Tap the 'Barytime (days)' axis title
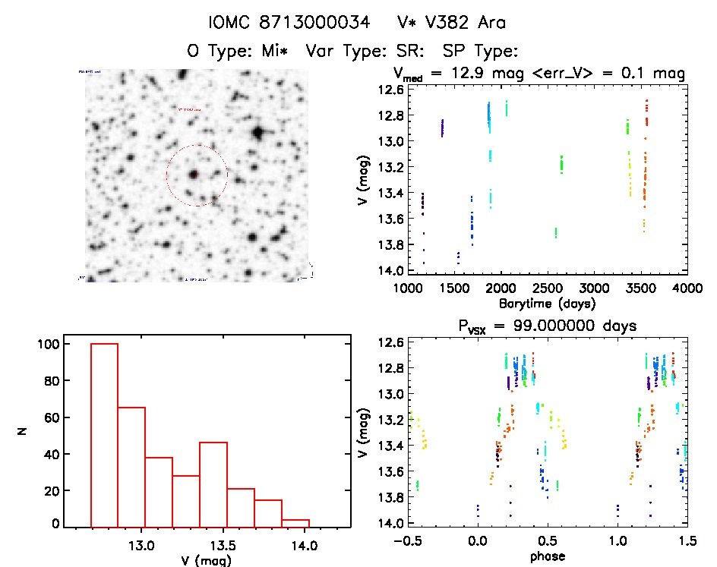[x=547, y=303]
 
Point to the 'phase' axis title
[x=547, y=556]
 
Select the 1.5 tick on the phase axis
[x=687, y=542]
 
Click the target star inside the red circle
[x=194, y=174]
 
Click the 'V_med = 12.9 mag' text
[x=454, y=74]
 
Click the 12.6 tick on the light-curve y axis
[x=371, y=90]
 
